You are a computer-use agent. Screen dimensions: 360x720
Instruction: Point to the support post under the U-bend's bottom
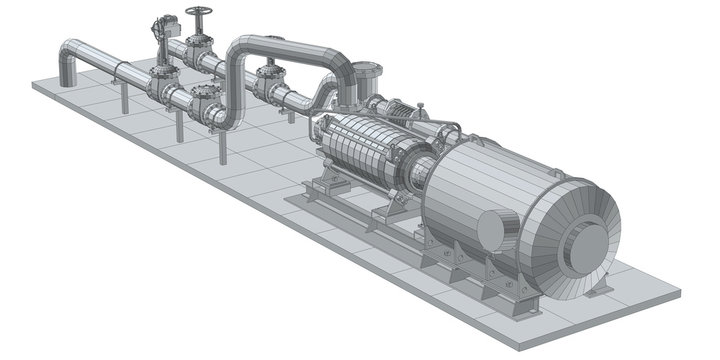[222, 145]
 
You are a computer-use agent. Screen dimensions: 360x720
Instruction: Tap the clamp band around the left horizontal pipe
[115, 71]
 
